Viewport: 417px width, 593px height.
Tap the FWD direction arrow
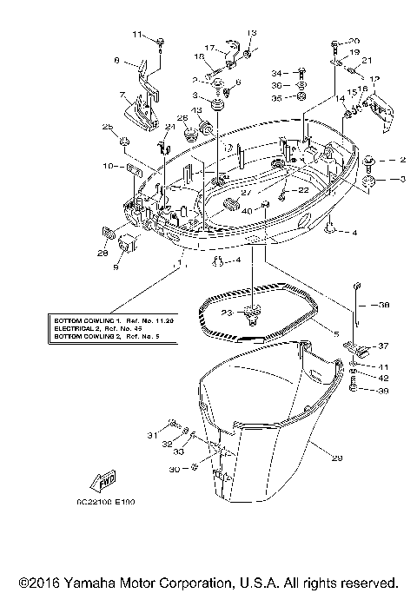(97, 482)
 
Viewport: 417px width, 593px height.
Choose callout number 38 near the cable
(385, 305)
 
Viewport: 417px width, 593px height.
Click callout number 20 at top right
(354, 42)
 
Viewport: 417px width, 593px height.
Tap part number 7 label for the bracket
(122, 96)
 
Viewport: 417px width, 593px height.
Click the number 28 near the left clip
(103, 253)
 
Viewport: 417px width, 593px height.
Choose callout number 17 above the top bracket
(209, 48)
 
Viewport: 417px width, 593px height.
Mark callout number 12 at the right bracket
(376, 80)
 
